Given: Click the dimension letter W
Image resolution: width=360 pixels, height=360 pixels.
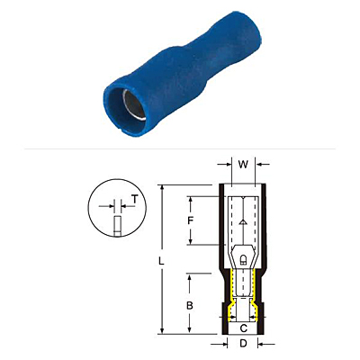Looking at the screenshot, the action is (x=243, y=165).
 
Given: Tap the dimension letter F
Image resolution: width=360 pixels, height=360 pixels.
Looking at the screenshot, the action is (x=190, y=220).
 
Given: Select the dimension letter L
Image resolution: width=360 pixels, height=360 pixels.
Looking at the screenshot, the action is (x=161, y=261).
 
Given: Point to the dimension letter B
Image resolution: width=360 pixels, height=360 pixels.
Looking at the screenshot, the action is (x=190, y=306).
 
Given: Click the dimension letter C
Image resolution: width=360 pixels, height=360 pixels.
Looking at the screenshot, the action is (x=244, y=328).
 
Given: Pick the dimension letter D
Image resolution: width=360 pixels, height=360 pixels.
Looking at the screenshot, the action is (x=243, y=344).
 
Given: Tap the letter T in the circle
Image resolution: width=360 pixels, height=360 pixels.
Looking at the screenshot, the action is (x=135, y=200).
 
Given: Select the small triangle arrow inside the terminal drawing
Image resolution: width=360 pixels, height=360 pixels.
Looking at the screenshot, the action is (x=243, y=222).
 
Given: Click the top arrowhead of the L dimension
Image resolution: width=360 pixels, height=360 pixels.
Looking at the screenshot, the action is (x=162, y=188).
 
